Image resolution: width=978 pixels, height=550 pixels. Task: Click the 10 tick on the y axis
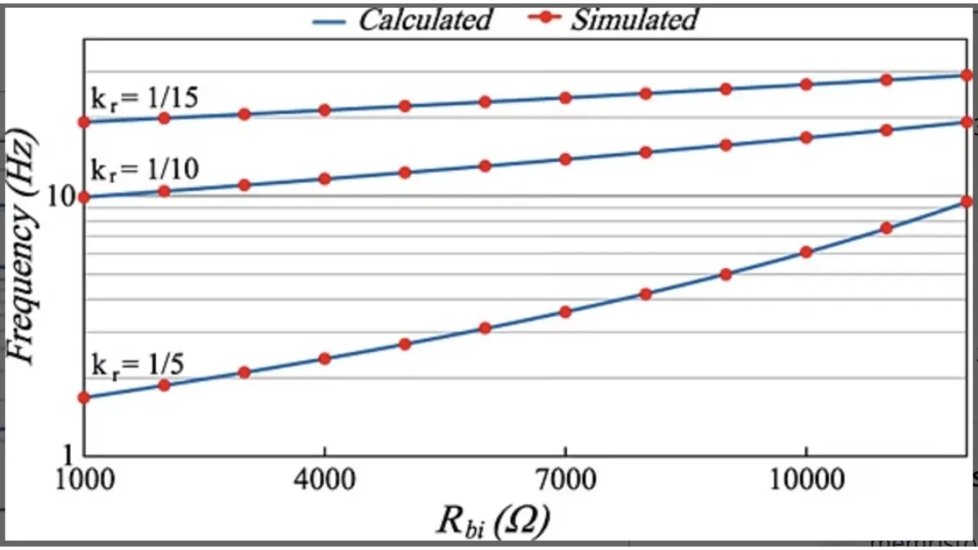61,197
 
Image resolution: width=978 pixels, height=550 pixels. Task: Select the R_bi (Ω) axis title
494,521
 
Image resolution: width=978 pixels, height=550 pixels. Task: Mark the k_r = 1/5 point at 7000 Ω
565,312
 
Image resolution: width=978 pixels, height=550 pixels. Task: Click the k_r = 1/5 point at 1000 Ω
84,397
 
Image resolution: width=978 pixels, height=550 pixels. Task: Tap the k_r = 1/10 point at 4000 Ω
325,179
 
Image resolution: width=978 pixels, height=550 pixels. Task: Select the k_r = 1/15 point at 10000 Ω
805,84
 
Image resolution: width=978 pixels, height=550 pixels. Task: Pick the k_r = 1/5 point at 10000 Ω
805,252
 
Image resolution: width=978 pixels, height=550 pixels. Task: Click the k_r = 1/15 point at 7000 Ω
565,98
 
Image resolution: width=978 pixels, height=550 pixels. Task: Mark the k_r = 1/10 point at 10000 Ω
805,137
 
